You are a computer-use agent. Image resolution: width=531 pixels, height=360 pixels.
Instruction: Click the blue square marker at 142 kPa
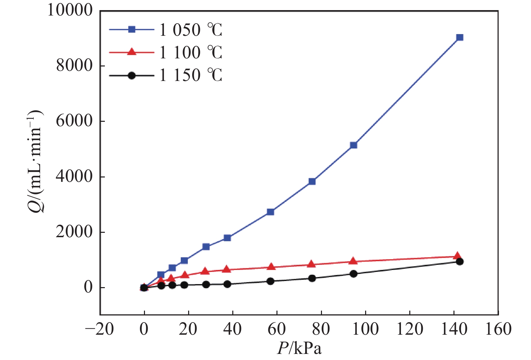460,37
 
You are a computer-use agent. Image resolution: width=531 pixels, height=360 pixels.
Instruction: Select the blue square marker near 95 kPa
354,145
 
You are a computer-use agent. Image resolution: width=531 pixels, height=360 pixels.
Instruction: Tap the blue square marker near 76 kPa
312,182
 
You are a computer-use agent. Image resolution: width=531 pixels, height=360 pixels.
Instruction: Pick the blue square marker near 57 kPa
270,212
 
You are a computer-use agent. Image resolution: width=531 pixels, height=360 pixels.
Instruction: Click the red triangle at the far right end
457,256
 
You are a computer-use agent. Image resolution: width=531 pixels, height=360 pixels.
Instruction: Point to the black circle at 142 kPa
460,261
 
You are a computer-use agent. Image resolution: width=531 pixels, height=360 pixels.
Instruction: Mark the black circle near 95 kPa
354,274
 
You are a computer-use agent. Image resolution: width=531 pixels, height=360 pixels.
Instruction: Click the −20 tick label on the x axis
99,329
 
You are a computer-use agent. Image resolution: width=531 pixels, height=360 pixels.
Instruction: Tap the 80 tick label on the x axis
321,329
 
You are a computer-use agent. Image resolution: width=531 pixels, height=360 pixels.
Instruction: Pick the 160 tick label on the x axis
498,329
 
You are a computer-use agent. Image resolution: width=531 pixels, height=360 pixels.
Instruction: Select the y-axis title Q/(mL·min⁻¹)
35,161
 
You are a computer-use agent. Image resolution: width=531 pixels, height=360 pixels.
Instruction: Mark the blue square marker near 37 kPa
227,238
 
